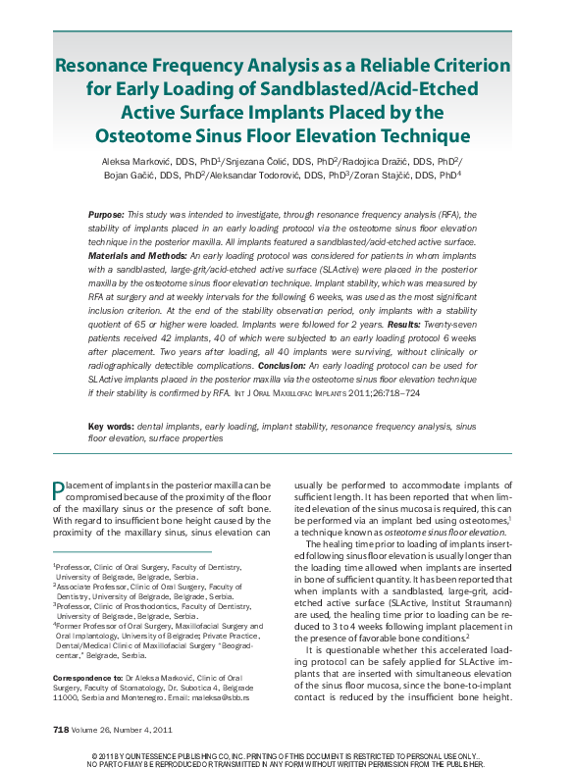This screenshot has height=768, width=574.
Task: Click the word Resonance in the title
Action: click(x=109, y=68)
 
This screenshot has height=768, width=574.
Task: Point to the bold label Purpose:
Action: click(x=106, y=214)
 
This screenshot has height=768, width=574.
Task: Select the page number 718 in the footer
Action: click(x=61, y=729)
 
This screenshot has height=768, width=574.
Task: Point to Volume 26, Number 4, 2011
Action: click(x=123, y=729)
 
